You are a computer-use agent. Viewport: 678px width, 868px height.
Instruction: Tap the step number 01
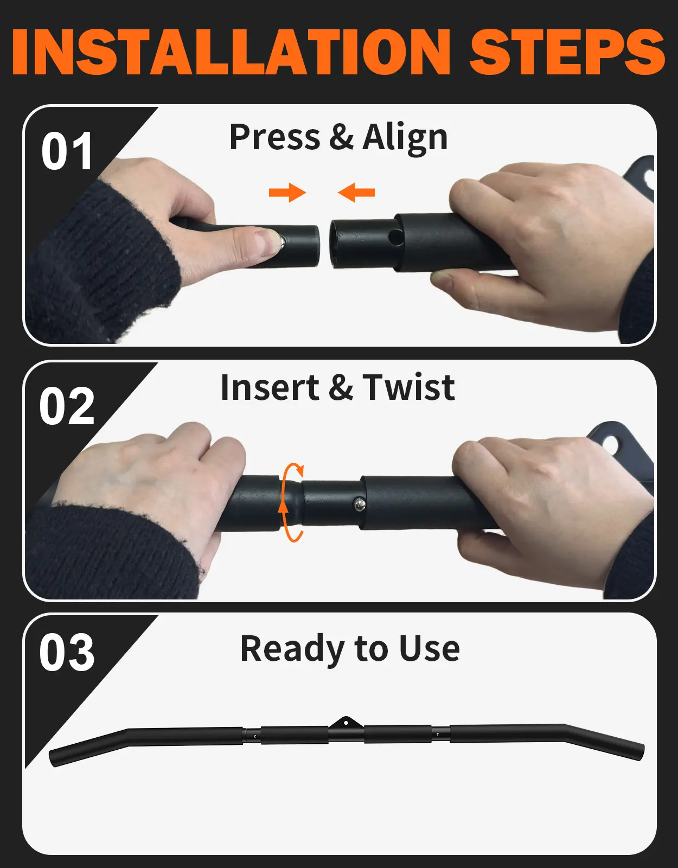point(67,152)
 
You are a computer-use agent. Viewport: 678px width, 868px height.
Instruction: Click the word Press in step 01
point(274,137)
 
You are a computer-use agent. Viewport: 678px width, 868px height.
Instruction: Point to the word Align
point(405,138)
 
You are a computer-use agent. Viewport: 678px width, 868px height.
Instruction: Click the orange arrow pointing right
point(287,193)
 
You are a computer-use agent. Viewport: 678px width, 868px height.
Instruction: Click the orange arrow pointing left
point(356,193)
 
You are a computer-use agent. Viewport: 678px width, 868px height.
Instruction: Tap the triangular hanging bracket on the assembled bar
point(346,723)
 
